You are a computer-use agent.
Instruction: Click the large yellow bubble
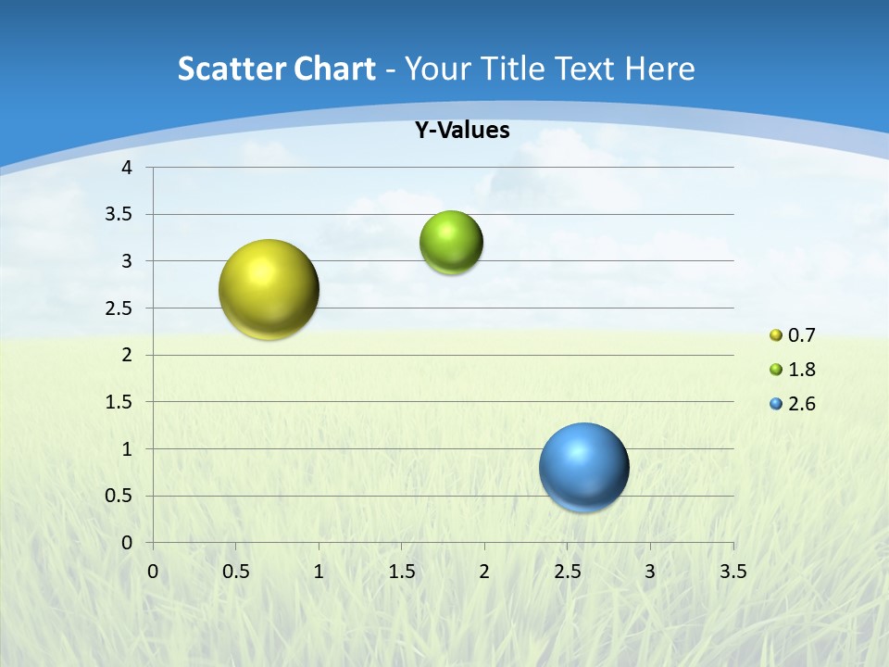click(x=269, y=289)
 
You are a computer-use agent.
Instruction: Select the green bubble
click(x=451, y=243)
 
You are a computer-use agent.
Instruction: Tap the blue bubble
click(x=583, y=467)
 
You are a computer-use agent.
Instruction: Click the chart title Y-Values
click(x=461, y=131)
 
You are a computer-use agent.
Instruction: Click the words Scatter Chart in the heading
click(x=277, y=69)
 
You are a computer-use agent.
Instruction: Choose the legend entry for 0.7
click(x=793, y=334)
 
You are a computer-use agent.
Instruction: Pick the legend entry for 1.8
click(x=793, y=370)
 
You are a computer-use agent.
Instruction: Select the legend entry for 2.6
click(x=793, y=404)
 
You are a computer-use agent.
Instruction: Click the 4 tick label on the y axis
click(x=127, y=168)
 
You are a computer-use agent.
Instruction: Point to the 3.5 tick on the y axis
click(x=120, y=215)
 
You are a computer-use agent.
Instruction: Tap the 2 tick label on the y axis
click(x=127, y=355)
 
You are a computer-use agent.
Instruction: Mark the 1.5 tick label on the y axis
click(x=120, y=402)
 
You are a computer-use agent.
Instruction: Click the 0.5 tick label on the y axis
click(x=120, y=496)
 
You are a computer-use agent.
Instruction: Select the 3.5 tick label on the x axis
click(x=732, y=572)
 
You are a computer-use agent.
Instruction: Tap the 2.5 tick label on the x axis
click(x=567, y=572)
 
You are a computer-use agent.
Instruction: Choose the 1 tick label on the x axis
click(x=319, y=572)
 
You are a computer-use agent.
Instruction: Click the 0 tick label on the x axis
click(x=153, y=572)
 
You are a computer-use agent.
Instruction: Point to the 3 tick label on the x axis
click(x=650, y=572)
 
